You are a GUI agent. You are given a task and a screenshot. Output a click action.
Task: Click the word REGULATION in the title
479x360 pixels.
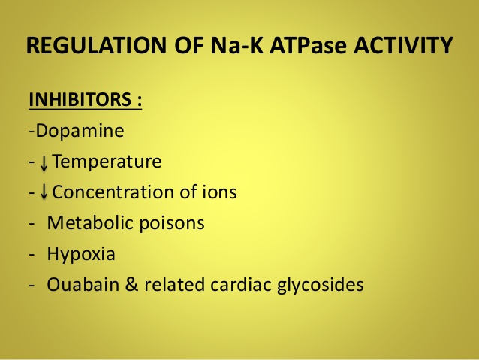pyautogui.click(x=96, y=45)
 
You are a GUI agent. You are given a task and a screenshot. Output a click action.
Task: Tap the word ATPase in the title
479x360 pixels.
pyautogui.click(x=308, y=45)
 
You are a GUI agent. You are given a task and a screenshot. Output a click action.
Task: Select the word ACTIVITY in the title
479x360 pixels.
pyautogui.click(x=403, y=45)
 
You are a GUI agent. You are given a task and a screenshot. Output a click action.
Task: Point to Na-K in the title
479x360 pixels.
pyautogui.click(x=236, y=45)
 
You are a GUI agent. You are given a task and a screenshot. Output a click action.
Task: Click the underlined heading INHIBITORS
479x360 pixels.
pyautogui.click(x=80, y=99)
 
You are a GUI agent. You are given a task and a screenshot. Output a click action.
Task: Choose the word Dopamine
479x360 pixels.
pyautogui.click(x=80, y=131)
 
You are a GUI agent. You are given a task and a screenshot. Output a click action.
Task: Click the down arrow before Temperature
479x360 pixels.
pyautogui.click(x=44, y=163)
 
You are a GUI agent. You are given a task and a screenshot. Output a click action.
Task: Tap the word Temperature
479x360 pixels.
pyautogui.click(x=107, y=162)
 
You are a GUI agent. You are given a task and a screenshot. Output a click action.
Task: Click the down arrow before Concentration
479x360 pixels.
pyautogui.click(x=44, y=192)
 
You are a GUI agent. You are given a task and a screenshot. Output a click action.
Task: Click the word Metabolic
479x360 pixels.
pyautogui.click(x=90, y=222)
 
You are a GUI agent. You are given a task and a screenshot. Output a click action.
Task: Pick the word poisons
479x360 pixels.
pyautogui.click(x=172, y=224)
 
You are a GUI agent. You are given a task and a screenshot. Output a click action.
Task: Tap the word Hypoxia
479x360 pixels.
pyautogui.click(x=81, y=255)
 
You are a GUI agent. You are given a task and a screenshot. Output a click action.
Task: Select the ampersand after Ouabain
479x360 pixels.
pyautogui.click(x=131, y=284)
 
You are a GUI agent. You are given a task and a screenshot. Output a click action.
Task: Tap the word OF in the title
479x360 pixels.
pyautogui.click(x=188, y=45)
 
